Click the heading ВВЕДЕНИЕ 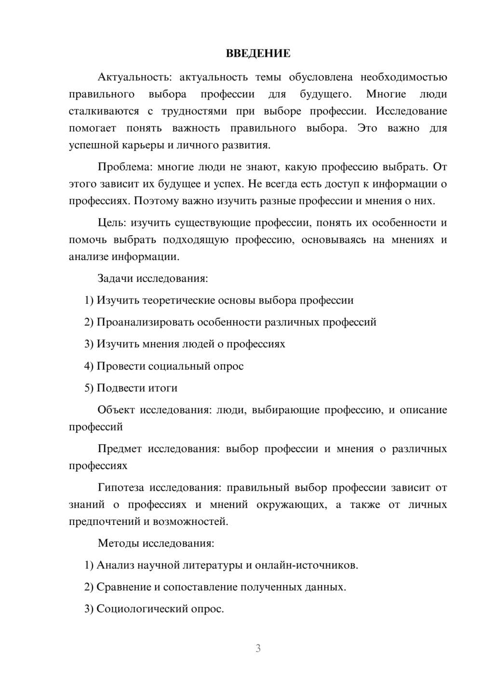tap(258, 53)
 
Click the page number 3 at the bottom tap(258, 648)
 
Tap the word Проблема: tap(124, 167)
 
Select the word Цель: tap(112, 223)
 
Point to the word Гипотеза tap(120, 488)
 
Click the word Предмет tap(120, 449)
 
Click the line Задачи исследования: tap(152, 278)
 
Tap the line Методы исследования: tap(156, 543)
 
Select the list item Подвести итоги tap(137, 388)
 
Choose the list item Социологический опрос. tap(160, 609)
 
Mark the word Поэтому tap(156, 201)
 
